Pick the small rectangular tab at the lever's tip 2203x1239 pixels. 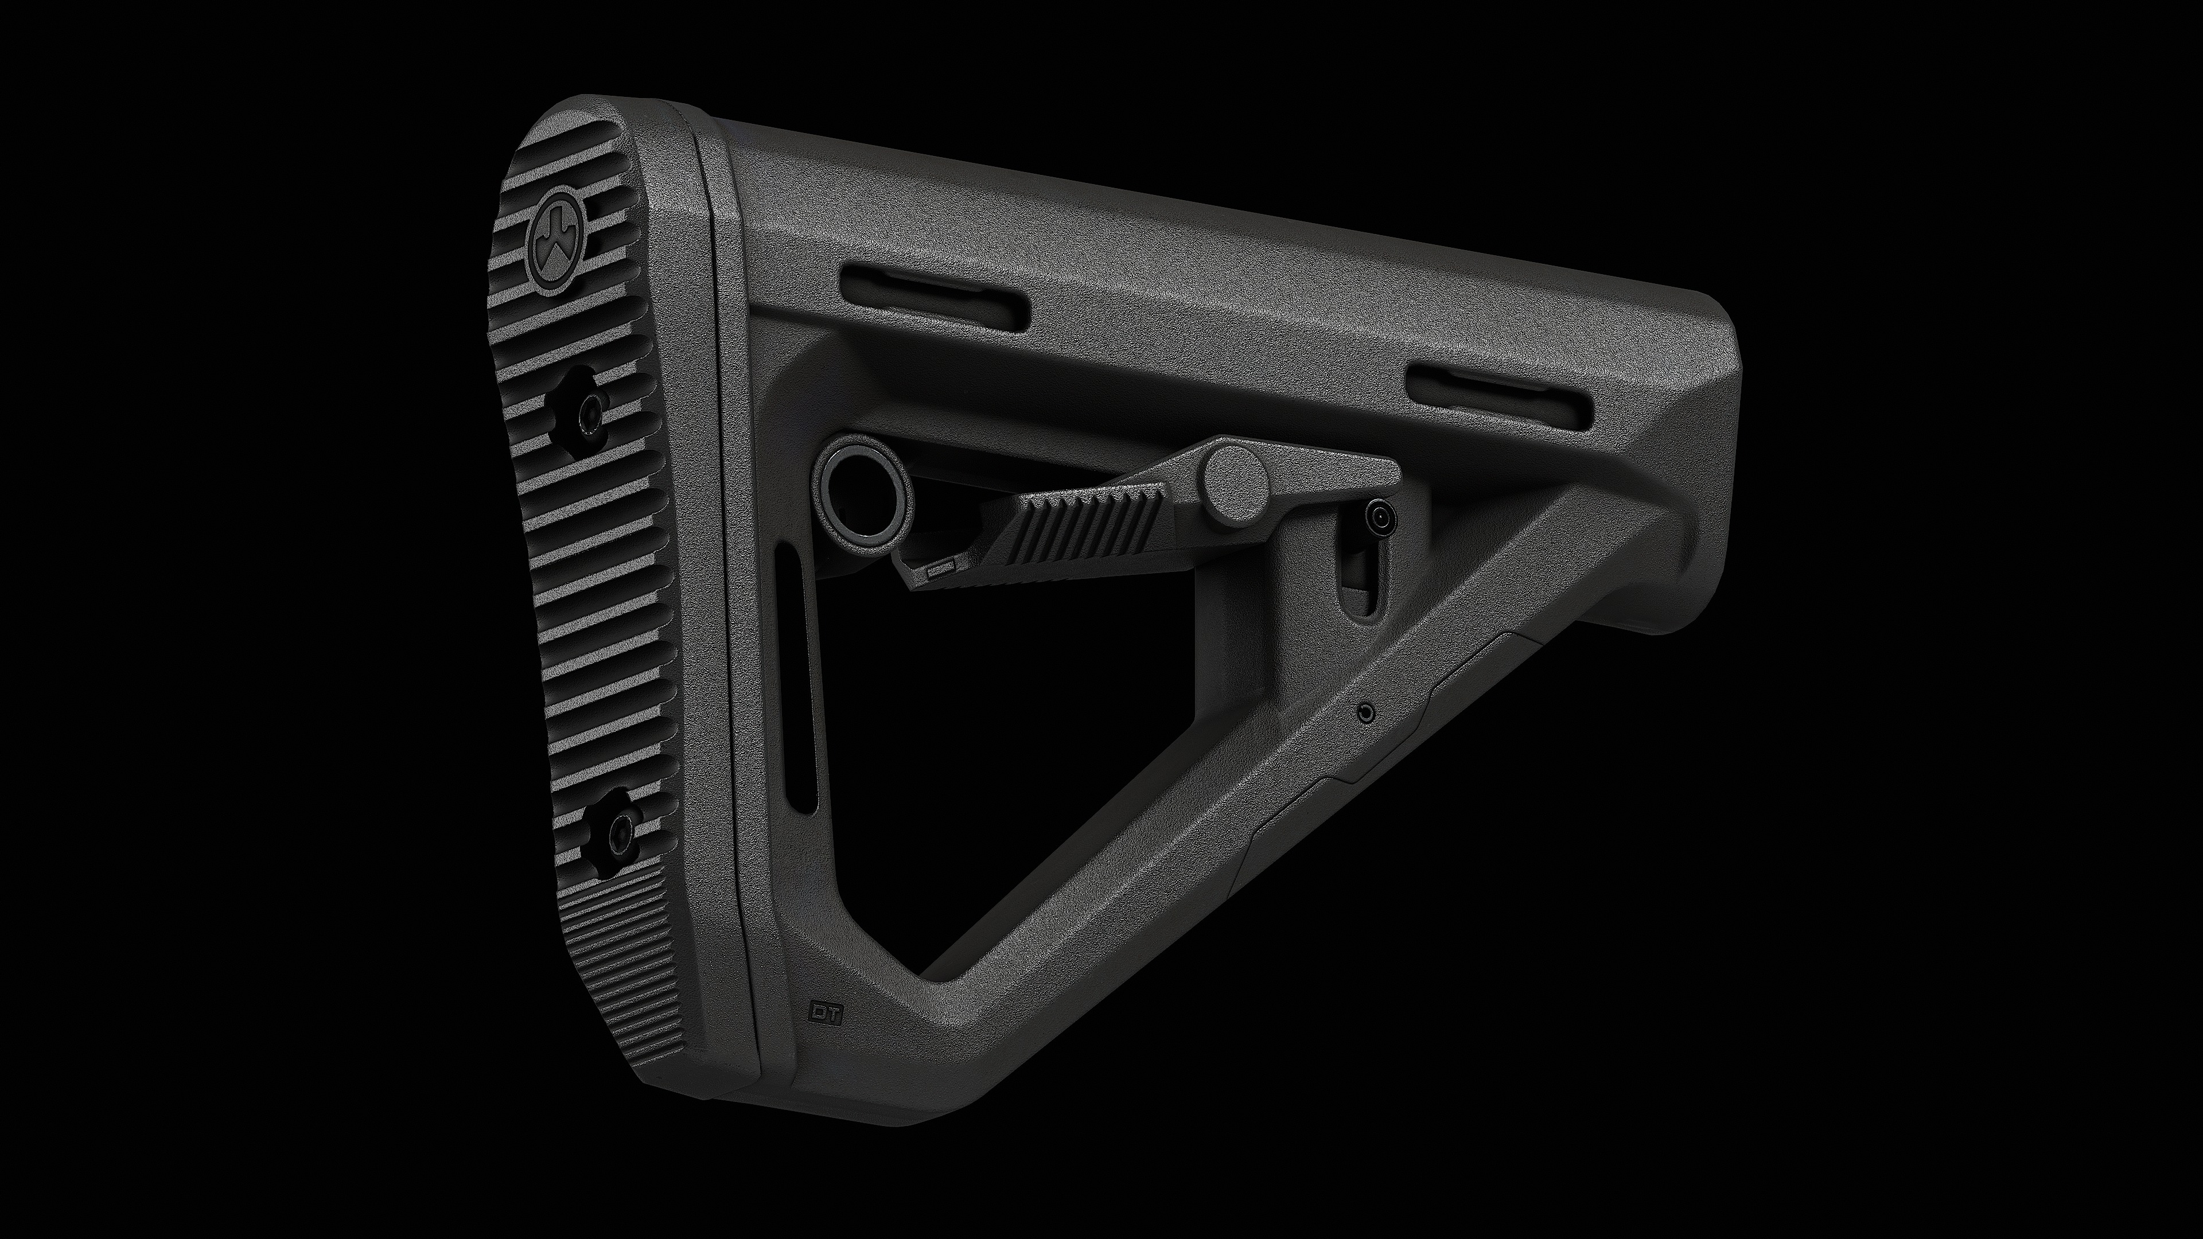pyautogui.click(x=939, y=568)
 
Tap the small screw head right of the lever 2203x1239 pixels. pyautogui.click(x=1377, y=517)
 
